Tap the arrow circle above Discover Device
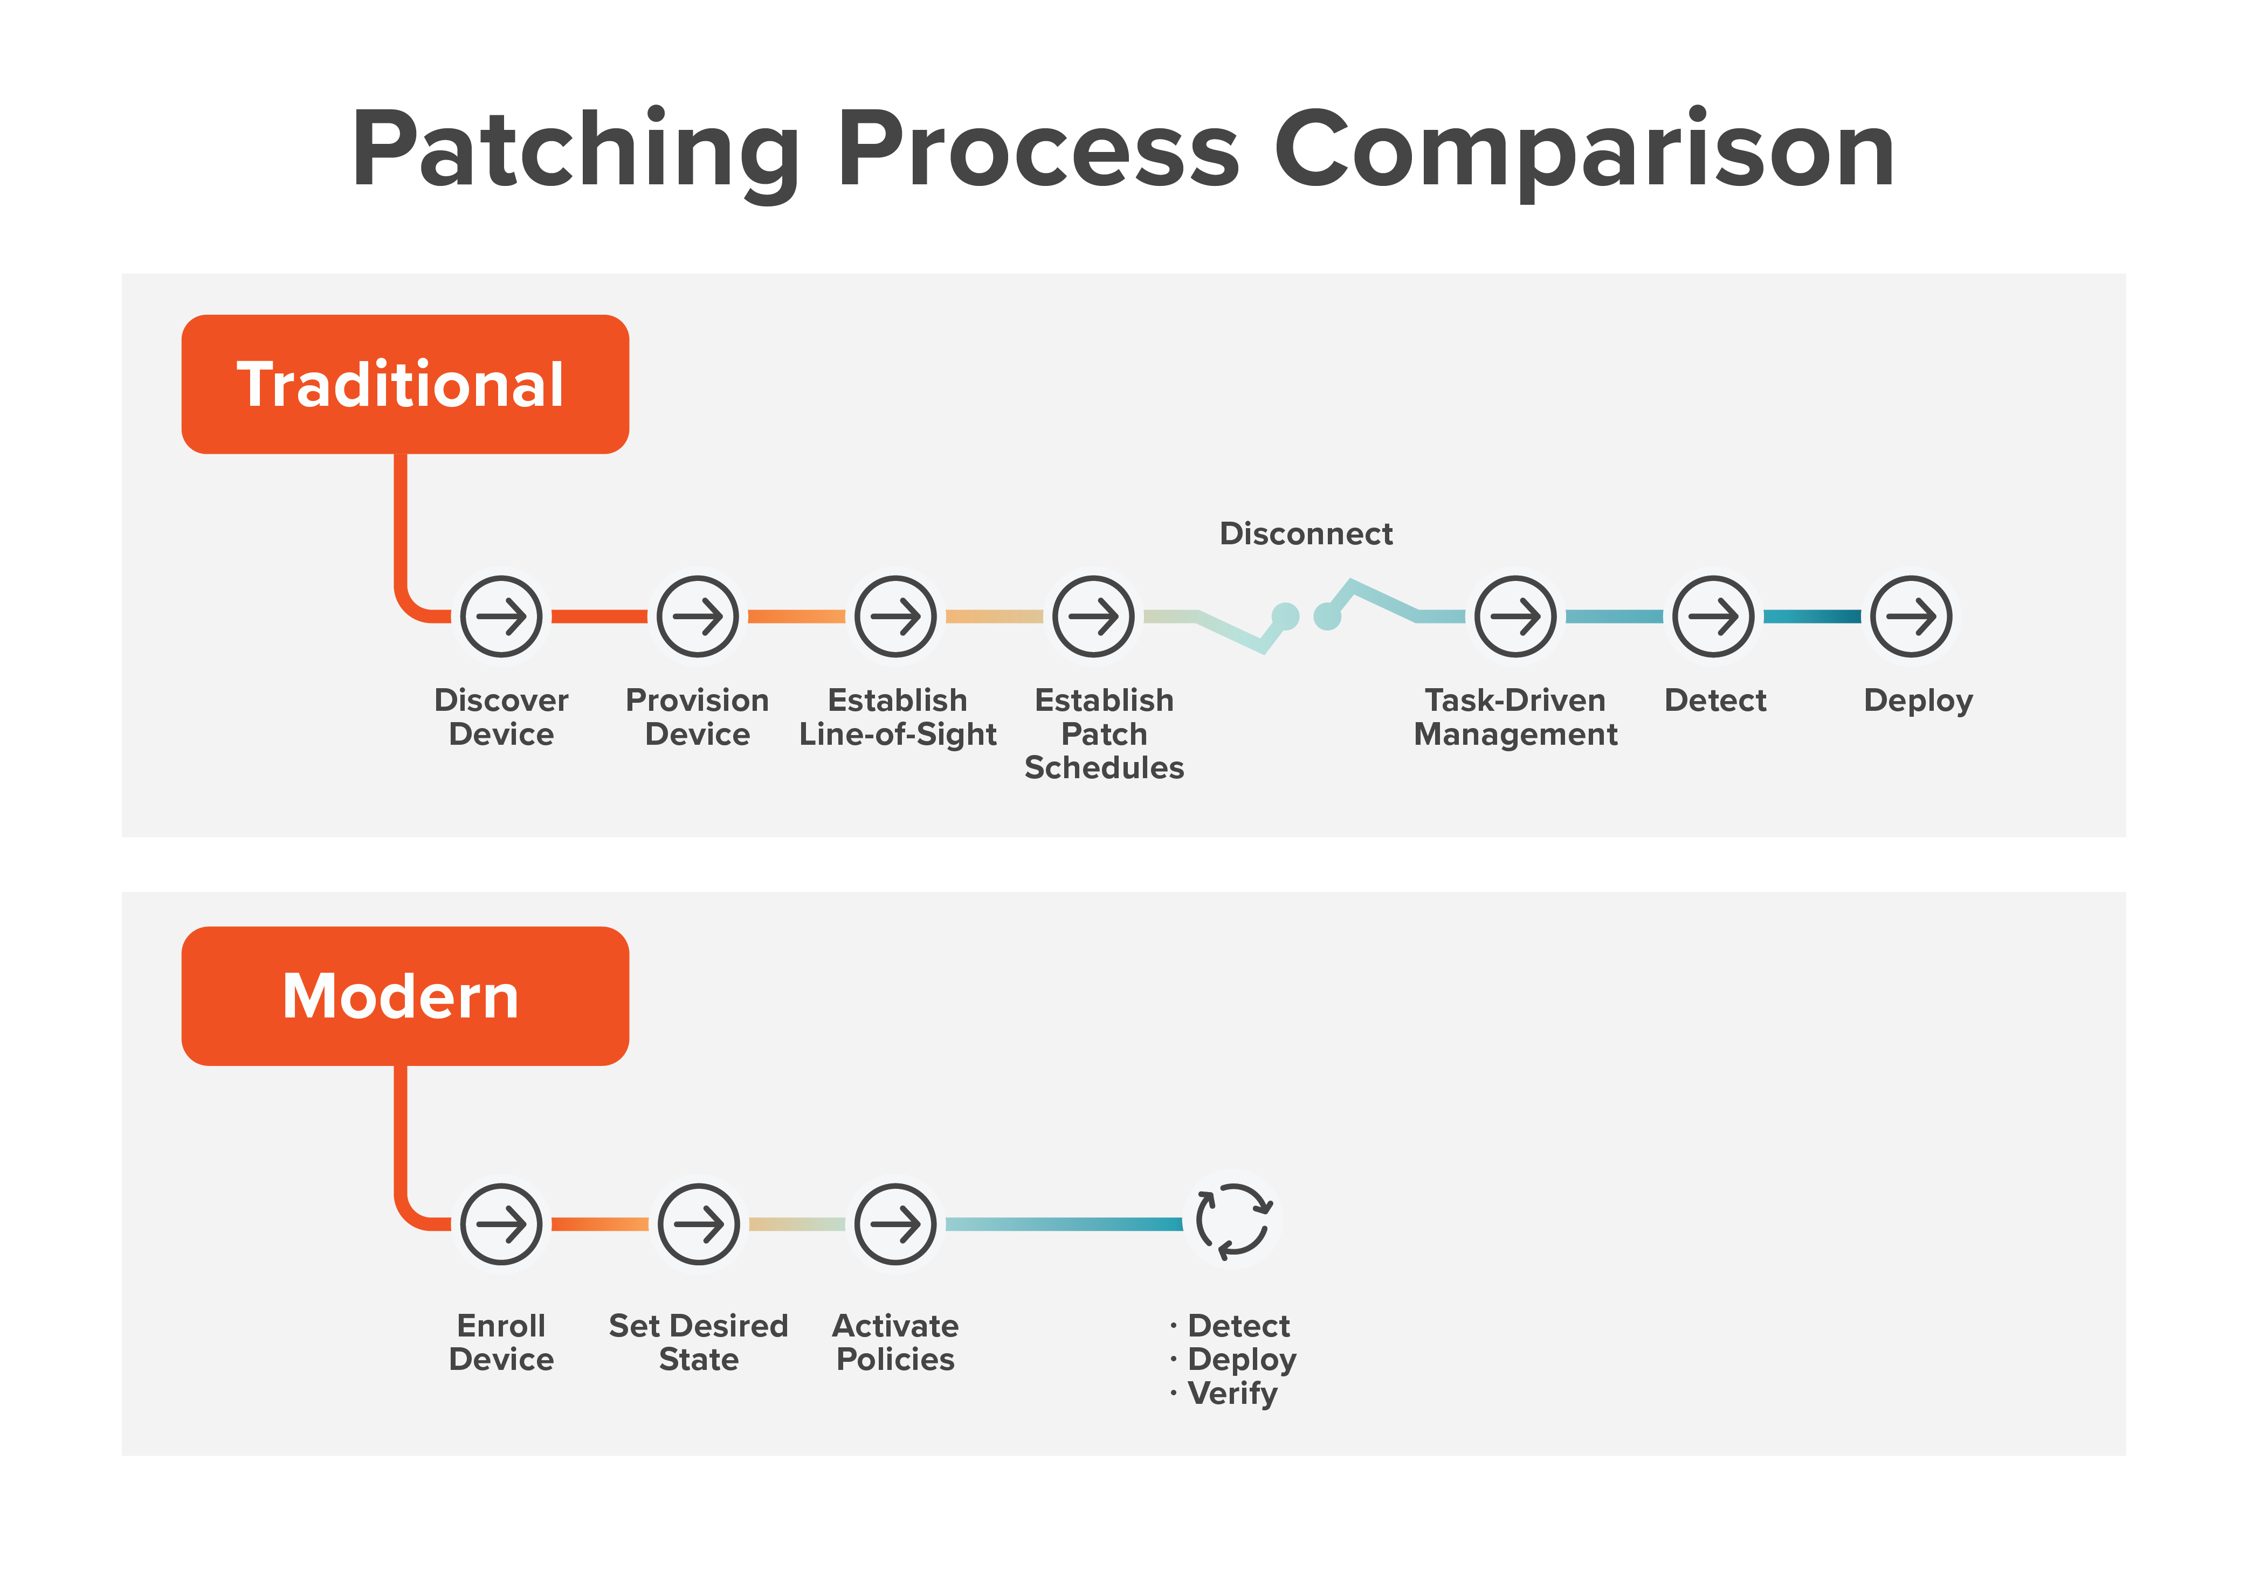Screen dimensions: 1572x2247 click(x=501, y=617)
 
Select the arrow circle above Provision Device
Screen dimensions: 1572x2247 click(x=698, y=617)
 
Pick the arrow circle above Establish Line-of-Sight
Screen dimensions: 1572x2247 click(x=895, y=617)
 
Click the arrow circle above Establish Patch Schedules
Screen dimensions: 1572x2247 click(x=1093, y=617)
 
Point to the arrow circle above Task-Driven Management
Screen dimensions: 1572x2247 click(x=1515, y=617)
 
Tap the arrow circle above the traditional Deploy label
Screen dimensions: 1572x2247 click(x=1911, y=617)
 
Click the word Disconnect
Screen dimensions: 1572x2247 click(x=1306, y=534)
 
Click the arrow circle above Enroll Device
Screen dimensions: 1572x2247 click(x=501, y=1224)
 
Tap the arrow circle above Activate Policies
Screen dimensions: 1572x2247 click(x=895, y=1224)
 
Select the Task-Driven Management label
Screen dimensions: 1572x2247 click(x=1515, y=717)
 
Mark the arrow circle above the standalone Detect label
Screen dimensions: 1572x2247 click(x=1713, y=617)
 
